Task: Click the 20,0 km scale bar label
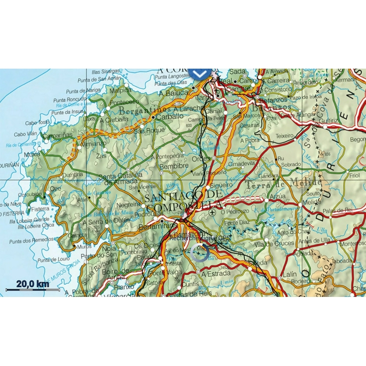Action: point(32,284)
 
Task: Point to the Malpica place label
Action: point(120,90)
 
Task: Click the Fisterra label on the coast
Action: point(40,209)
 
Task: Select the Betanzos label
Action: point(274,99)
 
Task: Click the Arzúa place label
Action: point(278,196)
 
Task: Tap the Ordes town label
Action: point(201,159)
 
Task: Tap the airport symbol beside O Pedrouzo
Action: point(212,213)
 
